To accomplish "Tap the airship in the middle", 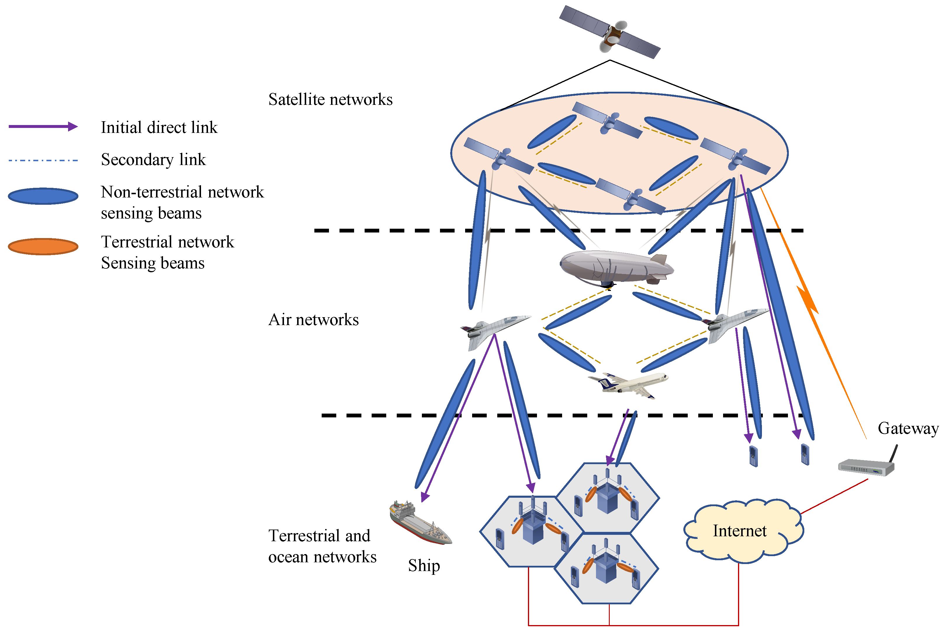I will [616, 267].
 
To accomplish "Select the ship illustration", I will [420, 523].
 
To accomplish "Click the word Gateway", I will [908, 428].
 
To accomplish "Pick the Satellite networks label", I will [330, 100].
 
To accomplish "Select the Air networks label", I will [313, 320].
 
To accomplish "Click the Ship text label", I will [424, 565].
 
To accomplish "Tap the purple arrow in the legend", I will [43, 127].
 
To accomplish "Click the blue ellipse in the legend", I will [43, 196].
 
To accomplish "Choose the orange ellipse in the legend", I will [43, 247].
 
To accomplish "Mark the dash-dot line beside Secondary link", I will [43, 160].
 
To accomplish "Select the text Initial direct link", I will [159, 128].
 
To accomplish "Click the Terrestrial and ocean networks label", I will [322, 546].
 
